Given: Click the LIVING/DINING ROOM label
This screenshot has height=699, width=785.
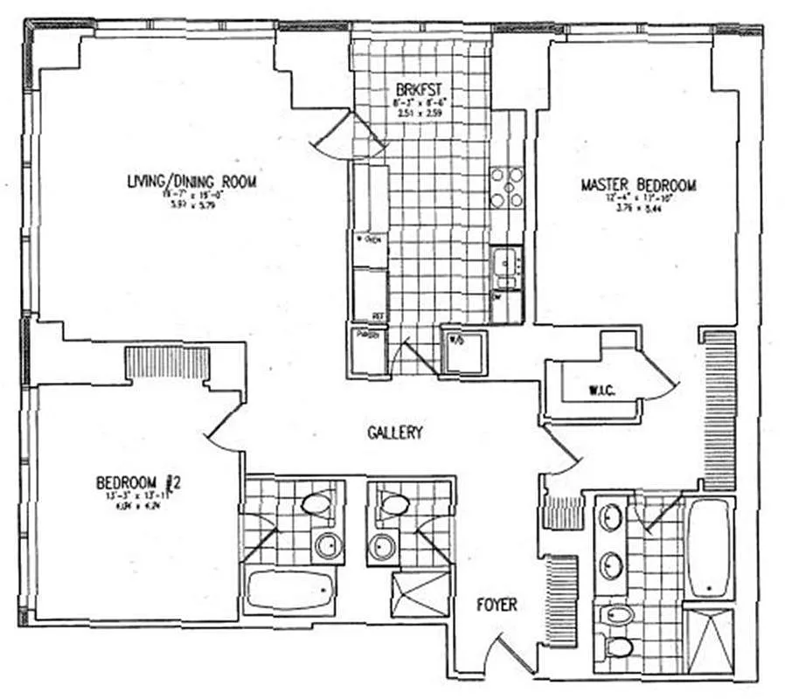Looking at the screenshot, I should [191, 182].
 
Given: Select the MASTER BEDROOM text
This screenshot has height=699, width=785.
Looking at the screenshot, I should [638, 185].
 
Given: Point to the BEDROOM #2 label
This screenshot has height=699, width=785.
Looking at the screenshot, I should [137, 482].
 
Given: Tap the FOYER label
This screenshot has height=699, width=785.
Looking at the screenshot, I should [497, 605].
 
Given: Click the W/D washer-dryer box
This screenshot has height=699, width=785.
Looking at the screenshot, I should [461, 351].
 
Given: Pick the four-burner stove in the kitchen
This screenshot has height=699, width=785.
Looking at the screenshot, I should [506, 187].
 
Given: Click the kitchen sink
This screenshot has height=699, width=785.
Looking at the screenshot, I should [505, 267].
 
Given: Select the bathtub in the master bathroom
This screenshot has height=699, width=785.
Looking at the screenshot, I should [710, 549].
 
